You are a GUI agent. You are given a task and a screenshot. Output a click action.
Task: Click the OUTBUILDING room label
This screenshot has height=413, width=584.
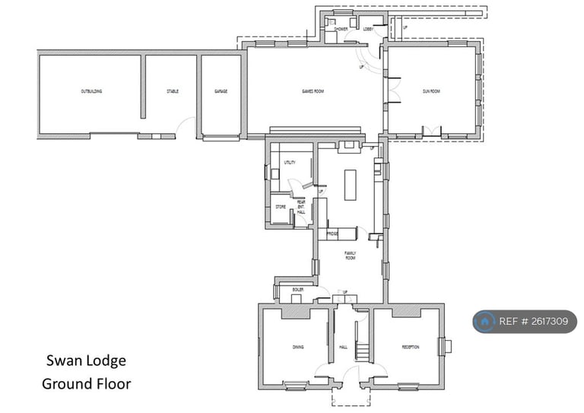[91, 91]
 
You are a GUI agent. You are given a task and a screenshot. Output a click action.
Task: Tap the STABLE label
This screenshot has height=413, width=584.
[173, 91]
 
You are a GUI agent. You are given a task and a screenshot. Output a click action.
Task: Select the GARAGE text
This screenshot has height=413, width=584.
[221, 91]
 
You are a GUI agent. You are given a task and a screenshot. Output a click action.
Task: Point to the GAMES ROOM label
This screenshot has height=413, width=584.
[313, 91]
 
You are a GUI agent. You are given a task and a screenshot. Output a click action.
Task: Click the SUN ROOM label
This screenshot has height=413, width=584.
[431, 91]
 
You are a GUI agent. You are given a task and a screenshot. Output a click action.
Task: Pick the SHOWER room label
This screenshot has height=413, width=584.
[341, 30]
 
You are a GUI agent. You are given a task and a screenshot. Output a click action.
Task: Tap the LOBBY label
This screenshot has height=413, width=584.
[368, 30]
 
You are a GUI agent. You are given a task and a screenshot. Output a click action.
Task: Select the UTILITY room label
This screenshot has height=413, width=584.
[289, 163]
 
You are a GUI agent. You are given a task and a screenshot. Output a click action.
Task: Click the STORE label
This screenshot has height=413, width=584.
[280, 206]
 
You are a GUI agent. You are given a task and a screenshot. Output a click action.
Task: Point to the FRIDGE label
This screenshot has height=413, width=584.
[332, 234]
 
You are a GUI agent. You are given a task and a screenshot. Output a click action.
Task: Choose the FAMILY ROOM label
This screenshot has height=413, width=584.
[351, 255]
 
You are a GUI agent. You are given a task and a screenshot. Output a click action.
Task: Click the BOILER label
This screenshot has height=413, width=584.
[298, 290]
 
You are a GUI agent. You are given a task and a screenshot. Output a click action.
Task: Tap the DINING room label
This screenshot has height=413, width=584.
[298, 348]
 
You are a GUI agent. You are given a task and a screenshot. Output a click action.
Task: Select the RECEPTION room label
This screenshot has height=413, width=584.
[411, 348]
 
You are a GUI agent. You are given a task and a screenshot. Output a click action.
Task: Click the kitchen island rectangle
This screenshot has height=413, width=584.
[350, 185]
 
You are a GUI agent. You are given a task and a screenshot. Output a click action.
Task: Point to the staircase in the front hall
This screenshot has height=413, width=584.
[363, 351]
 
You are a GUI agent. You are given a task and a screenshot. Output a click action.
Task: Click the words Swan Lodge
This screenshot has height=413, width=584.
[86, 361]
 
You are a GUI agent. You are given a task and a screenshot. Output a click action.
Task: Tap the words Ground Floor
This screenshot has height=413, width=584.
[86, 383]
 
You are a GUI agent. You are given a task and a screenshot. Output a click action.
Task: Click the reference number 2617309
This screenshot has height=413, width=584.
[544, 322]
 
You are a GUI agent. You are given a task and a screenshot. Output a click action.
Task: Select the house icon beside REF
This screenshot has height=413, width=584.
[484, 322]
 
